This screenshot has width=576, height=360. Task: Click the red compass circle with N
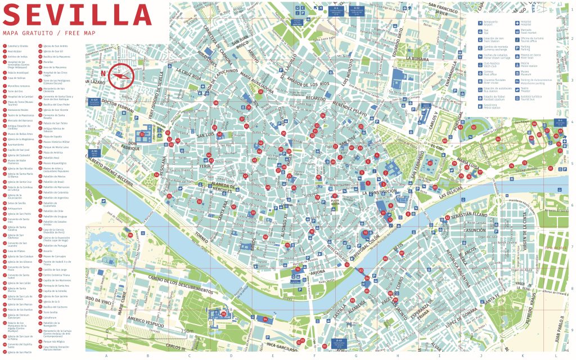[x=121, y=76]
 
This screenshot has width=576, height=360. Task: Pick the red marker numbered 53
[x=142, y=134]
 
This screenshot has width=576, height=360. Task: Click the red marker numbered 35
[x=249, y=107]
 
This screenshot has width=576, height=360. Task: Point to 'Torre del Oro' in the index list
[x=15, y=91]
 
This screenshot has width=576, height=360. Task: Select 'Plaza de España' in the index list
[x=53, y=136]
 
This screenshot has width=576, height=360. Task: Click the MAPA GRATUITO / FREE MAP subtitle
[x=49, y=33]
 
